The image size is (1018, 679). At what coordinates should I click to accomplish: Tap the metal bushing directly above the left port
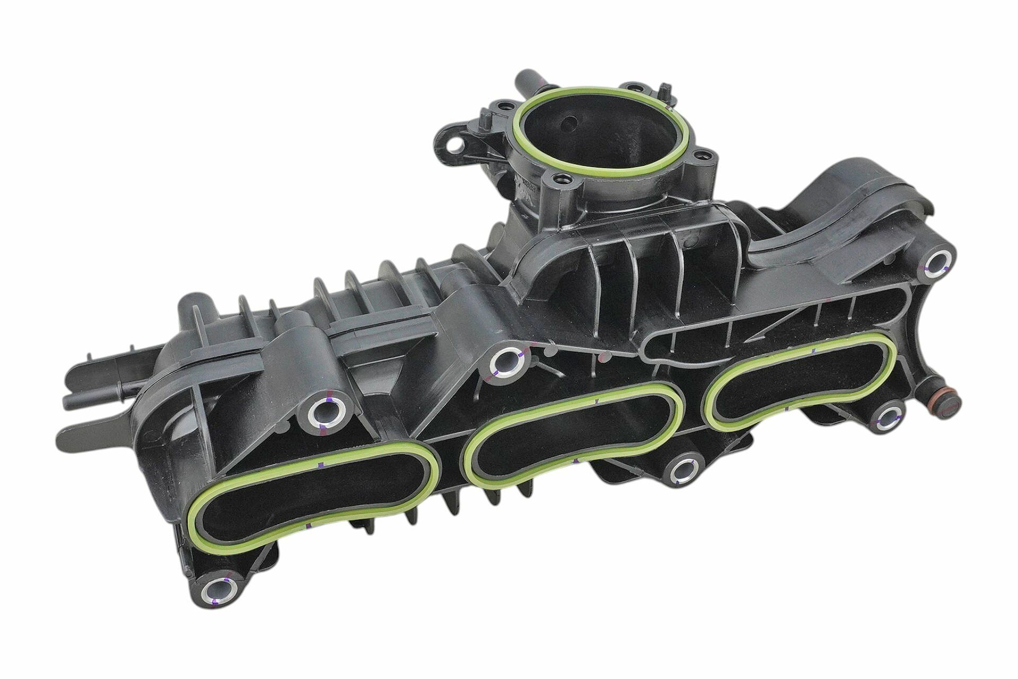click(324, 411)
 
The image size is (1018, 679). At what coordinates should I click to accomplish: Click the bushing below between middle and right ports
click(684, 469)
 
